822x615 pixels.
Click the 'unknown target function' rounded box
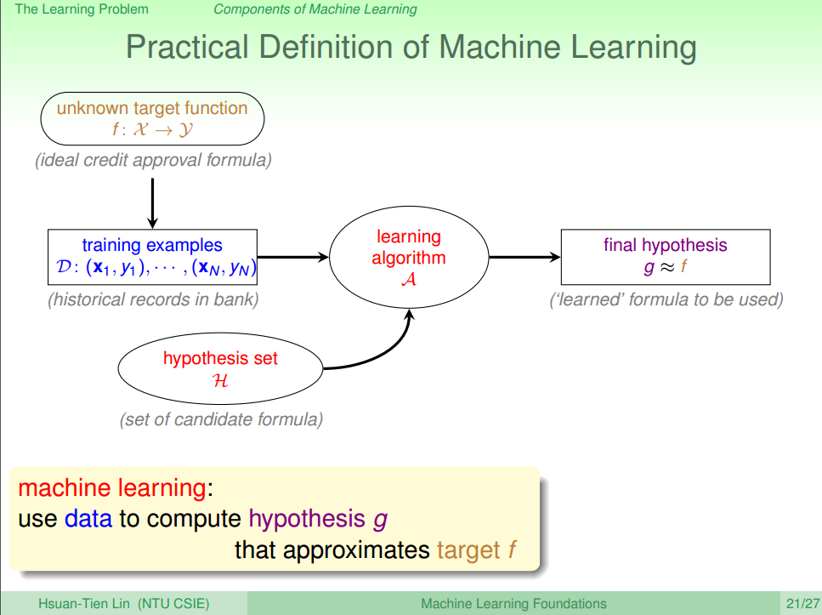click(152, 119)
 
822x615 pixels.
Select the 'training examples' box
click(152, 257)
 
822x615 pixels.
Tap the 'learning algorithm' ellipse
click(409, 257)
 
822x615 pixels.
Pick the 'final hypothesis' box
click(665, 257)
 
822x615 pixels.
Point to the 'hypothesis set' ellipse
click(220, 368)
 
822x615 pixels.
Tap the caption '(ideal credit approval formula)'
click(153, 161)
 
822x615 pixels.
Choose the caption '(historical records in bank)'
click(153, 299)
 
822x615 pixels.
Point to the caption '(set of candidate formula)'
click(221, 419)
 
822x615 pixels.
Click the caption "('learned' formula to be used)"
click(666, 299)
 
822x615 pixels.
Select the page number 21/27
click(802, 604)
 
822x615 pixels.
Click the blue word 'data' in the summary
click(88, 518)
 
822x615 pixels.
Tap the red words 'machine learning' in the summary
click(111, 488)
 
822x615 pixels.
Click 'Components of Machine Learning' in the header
click(315, 9)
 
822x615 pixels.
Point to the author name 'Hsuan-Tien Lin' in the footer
click(82, 604)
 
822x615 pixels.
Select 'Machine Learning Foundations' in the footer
click(513, 604)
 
